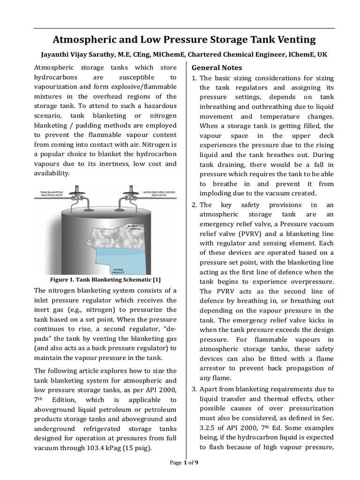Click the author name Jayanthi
[x=54, y=54]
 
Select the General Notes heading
[x=217, y=67]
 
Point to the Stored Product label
[x=118, y=270]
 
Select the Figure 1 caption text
[x=105, y=280]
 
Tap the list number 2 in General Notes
[x=195, y=205]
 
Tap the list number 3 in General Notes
[x=195, y=389]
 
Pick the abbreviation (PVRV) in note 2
[x=251, y=234]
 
